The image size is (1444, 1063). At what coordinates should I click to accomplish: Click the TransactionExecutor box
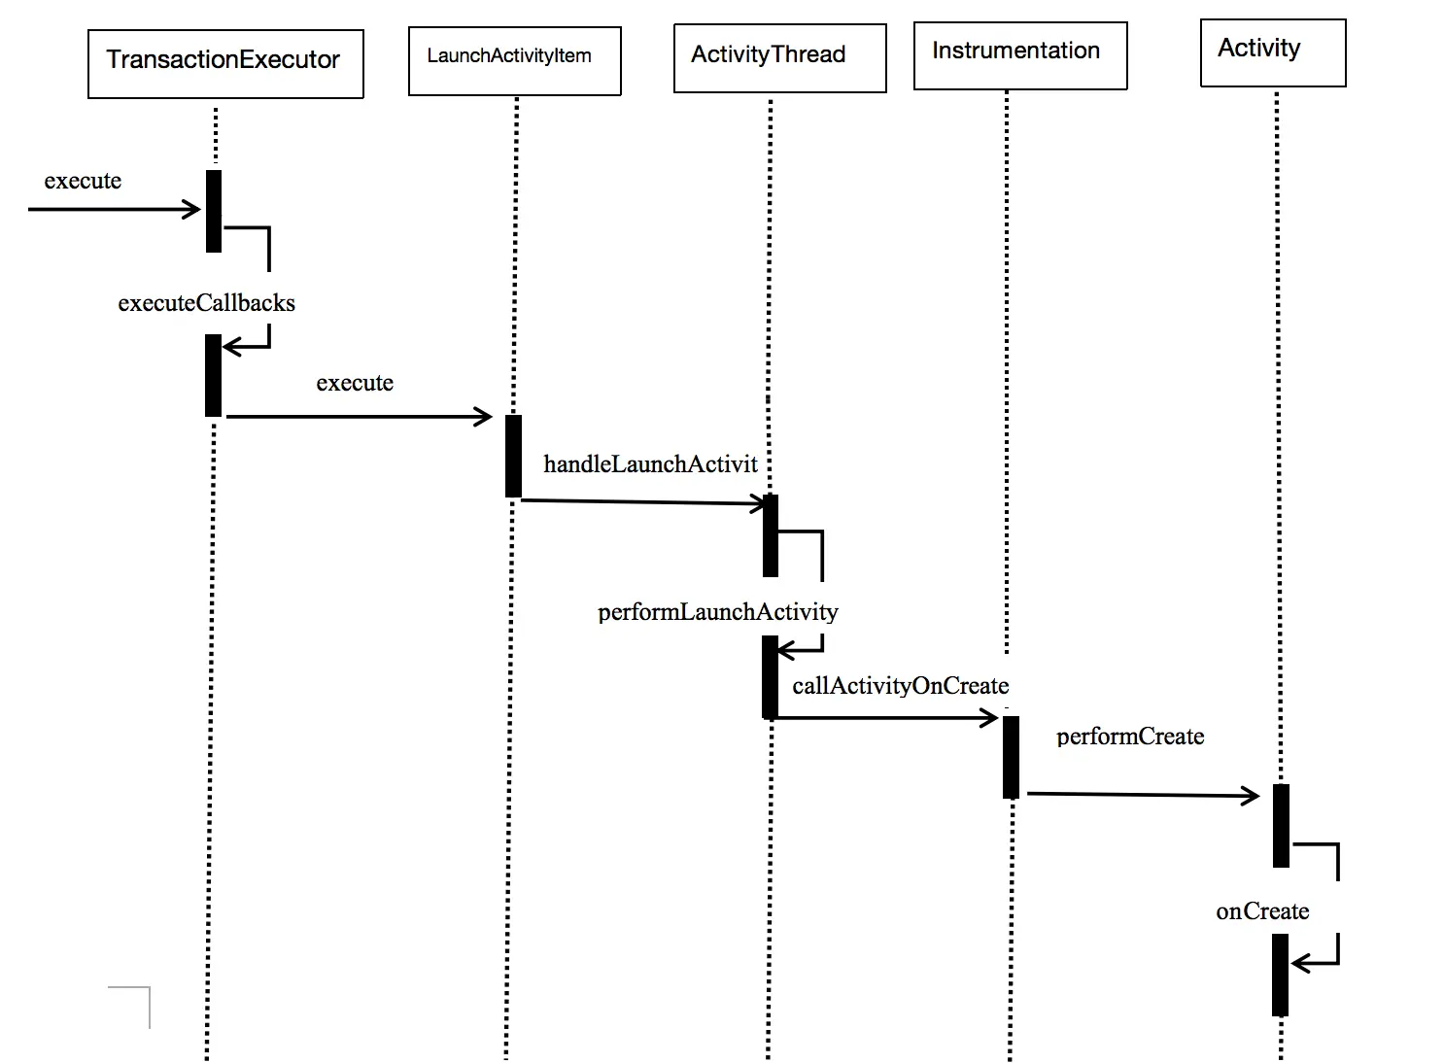(225, 64)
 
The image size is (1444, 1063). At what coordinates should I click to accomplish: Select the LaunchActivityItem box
(514, 61)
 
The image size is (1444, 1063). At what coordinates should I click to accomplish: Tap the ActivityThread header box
(780, 58)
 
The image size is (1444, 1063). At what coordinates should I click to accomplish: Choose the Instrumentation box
(1020, 55)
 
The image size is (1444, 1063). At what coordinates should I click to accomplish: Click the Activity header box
(1273, 52)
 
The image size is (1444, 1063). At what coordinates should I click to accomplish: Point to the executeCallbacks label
(206, 303)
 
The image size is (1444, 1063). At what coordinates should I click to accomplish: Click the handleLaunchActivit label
(650, 464)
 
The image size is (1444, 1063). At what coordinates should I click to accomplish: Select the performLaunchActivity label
(717, 612)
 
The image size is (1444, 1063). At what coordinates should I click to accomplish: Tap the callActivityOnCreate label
(901, 686)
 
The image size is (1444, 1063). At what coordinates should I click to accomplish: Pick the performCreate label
(1130, 737)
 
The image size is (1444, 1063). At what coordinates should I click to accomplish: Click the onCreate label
(1262, 911)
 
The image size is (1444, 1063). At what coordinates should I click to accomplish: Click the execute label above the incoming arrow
(83, 181)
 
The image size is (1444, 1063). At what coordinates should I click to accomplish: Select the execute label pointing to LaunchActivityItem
(355, 383)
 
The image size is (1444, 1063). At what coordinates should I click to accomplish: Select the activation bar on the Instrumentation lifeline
(1011, 758)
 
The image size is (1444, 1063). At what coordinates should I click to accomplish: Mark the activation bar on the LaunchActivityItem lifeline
(513, 456)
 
